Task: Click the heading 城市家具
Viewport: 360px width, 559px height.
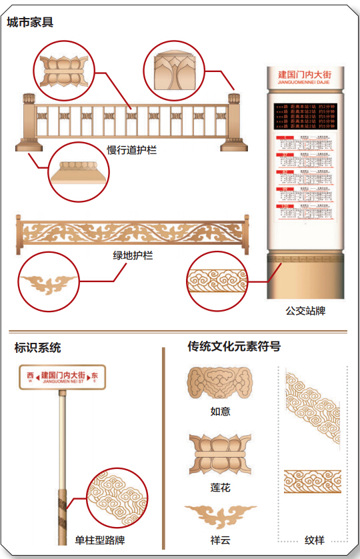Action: (x=31, y=23)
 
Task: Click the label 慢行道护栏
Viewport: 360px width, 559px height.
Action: (x=132, y=150)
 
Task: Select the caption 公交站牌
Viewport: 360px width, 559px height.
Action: (x=305, y=311)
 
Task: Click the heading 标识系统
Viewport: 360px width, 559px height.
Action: (x=38, y=348)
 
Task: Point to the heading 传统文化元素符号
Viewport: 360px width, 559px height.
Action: (x=233, y=346)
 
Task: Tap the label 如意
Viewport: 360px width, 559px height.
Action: (x=220, y=412)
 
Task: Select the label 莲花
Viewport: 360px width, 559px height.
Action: (x=220, y=488)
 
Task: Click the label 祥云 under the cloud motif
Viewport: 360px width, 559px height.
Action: (x=220, y=540)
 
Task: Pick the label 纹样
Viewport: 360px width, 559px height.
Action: (x=314, y=540)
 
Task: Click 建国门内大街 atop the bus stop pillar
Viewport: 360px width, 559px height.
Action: (x=305, y=75)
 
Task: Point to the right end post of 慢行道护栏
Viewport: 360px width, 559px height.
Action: (x=235, y=122)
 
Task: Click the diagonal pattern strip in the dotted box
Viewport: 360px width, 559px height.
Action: (x=312, y=414)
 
